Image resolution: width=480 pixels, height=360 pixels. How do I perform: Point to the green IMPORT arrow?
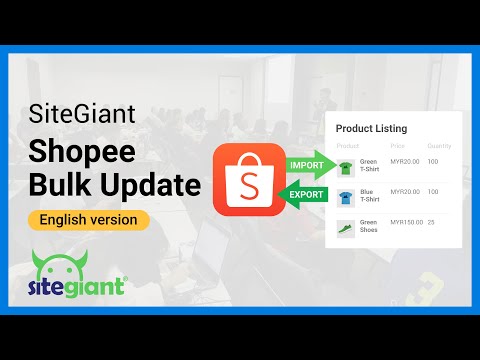pyautogui.click(x=305, y=164)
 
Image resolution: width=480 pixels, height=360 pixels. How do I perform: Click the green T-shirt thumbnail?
pyautogui.click(x=346, y=166)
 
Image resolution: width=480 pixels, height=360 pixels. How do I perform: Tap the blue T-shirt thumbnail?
pyautogui.click(x=346, y=197)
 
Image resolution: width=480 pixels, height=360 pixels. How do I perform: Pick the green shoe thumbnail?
pyautogui.click(x=346, y=227)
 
